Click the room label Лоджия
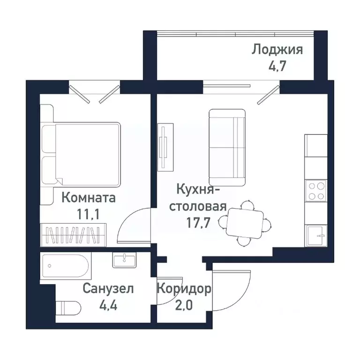coord(277,49)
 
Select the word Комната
coord(89,198)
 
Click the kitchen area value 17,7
coord(198,221)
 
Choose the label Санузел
coord(108,288)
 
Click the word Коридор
coord(184,288)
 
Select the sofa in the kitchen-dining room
coord(227,147)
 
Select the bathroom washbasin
coord(124,260)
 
